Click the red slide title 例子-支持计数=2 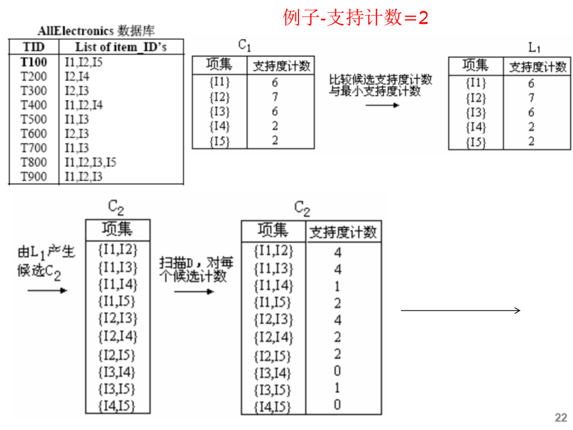356,18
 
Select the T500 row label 33,119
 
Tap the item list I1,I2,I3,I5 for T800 91,162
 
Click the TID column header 33,47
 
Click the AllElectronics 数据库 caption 96,30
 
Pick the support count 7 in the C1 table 275,97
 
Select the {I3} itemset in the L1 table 476,113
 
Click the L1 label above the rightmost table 535,47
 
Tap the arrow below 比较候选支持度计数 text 383,106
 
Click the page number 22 560,417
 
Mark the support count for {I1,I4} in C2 338,286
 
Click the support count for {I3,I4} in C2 338,372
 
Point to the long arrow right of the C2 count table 460,310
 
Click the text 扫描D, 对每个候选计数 196,269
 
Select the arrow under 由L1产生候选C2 47,291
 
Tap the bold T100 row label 33,62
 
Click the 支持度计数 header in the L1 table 537,67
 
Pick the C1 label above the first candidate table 245,45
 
